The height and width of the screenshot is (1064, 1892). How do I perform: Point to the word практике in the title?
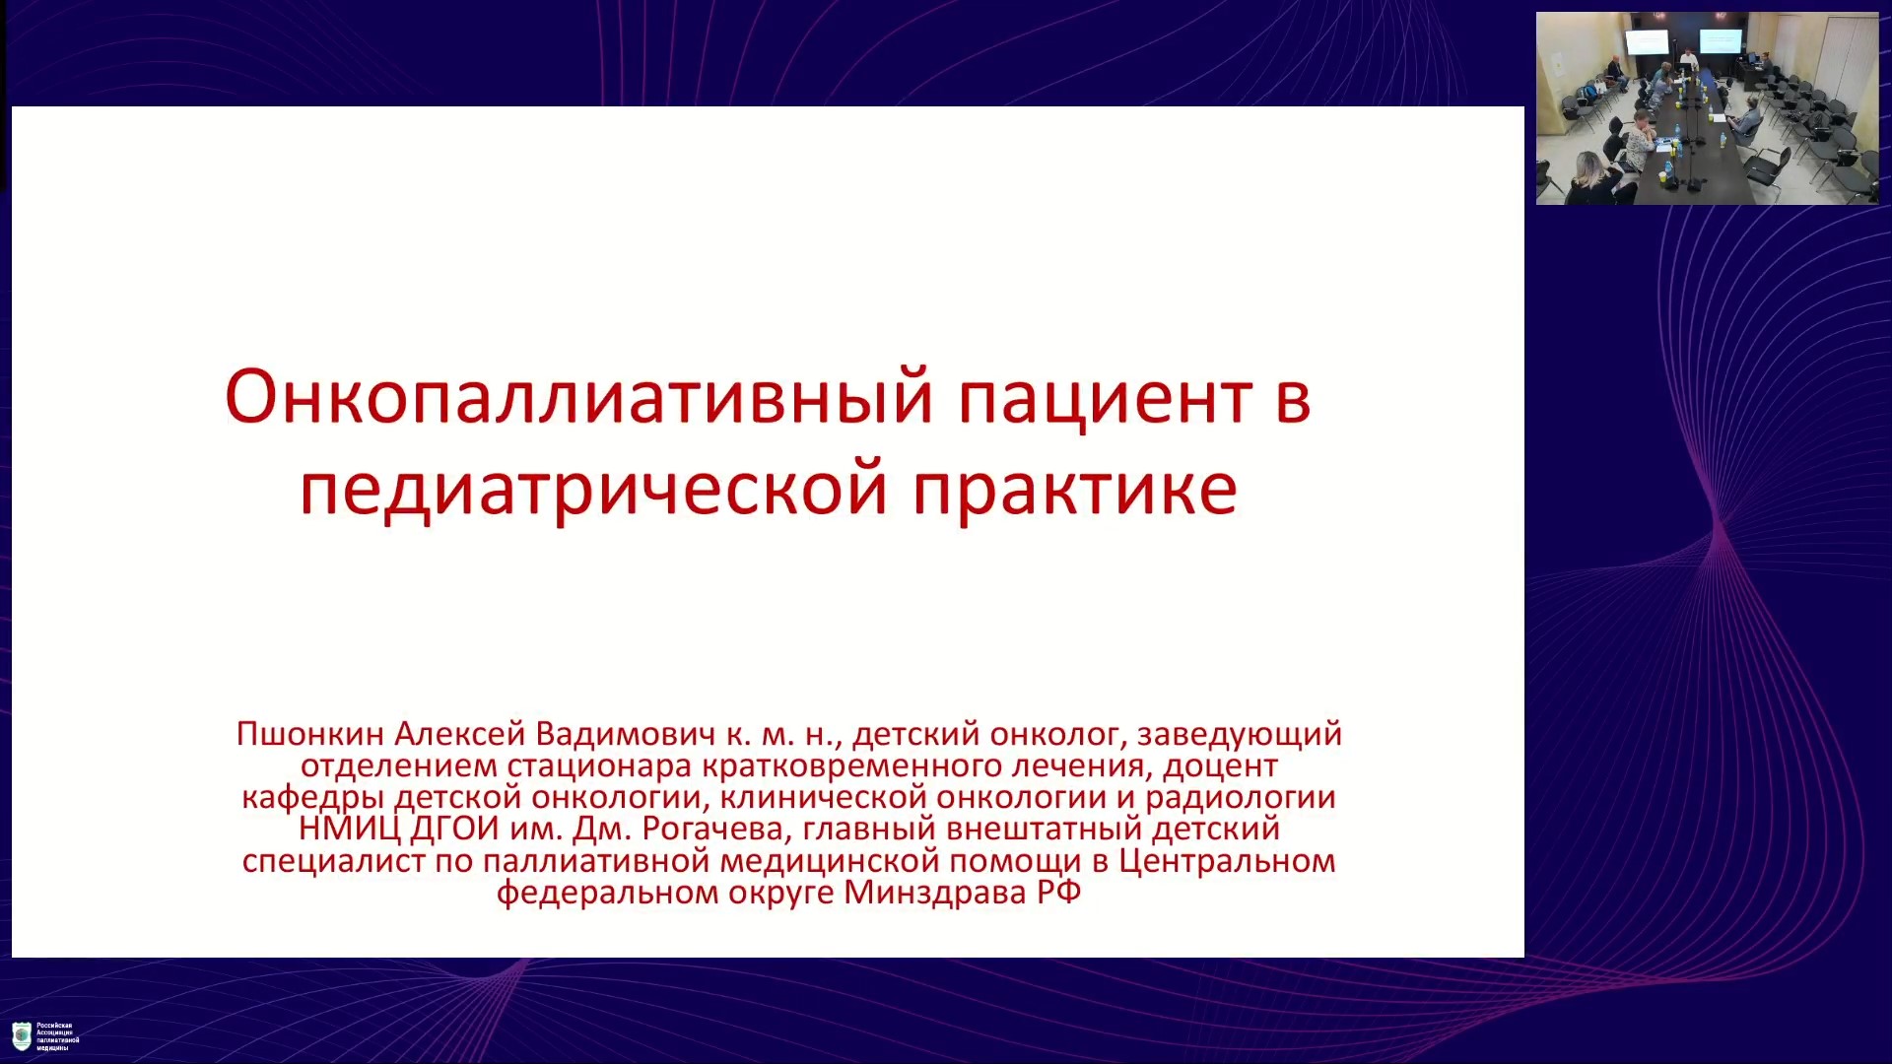1075,489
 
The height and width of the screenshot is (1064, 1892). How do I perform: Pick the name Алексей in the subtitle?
460,734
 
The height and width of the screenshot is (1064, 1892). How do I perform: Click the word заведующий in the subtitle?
1240,735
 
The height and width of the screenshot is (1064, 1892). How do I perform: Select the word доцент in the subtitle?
1220,766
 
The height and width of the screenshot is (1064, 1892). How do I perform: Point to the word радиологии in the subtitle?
1241,798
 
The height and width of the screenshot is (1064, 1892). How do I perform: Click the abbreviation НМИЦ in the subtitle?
350,830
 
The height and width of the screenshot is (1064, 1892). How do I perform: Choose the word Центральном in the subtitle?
1227,861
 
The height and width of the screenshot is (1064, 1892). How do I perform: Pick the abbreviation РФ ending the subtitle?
1058,893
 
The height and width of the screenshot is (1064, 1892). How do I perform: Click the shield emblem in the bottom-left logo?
21,1036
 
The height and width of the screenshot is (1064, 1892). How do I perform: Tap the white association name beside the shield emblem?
57,1036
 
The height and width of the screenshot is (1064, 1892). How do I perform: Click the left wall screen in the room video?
1647,41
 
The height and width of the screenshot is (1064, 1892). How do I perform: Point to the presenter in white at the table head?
1688,61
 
